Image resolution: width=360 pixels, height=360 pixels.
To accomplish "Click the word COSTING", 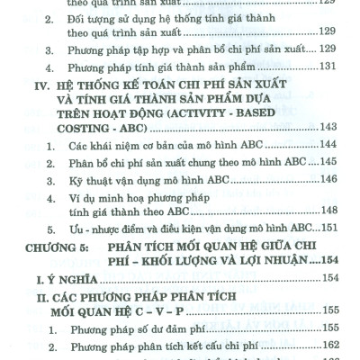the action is tap(92, 128).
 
